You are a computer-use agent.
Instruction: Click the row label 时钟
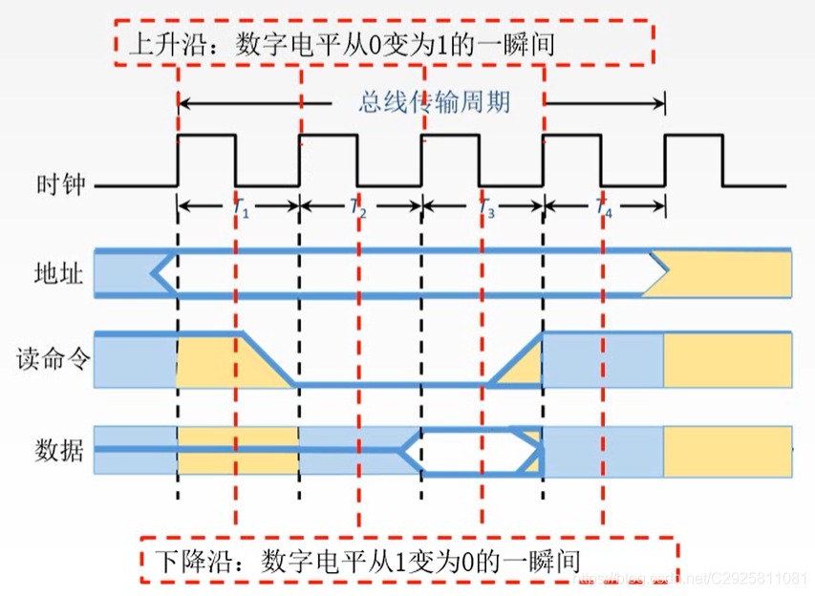click(59, 185)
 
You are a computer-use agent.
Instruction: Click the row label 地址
click(59, 275)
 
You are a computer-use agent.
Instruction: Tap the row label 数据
click(59, 448)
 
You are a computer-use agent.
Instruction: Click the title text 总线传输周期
click(434, 101)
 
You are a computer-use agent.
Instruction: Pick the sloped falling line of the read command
click(268, 358)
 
